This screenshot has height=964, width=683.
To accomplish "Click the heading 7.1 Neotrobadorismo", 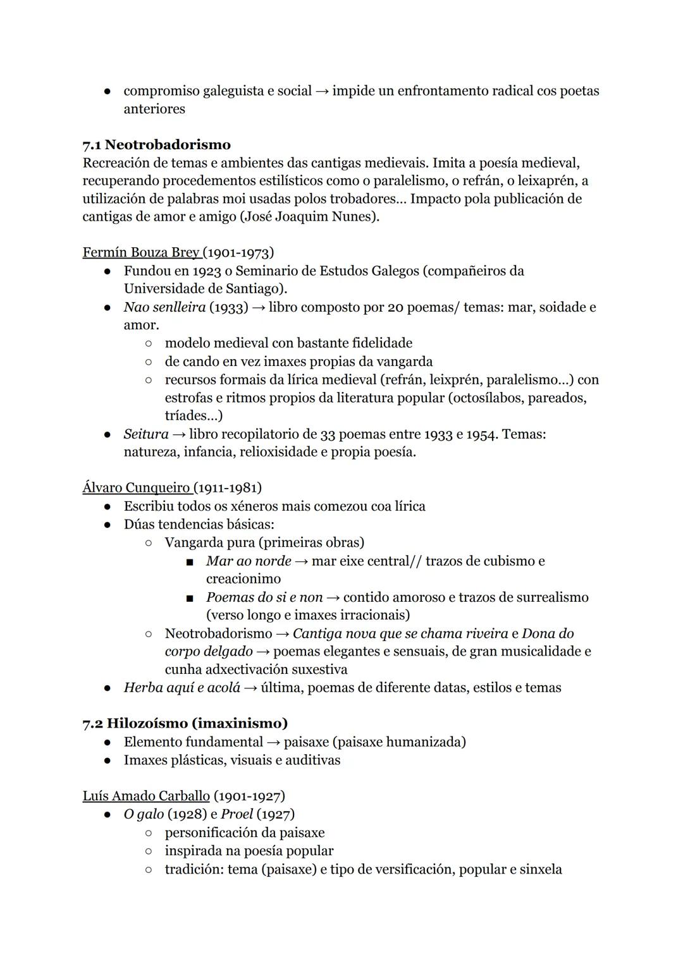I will pos(156,145).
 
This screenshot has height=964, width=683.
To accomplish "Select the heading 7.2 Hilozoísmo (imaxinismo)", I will pos(185,723).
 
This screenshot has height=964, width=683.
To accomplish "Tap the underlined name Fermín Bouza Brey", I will pos(141,253).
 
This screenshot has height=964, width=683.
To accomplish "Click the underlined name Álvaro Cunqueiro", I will pos(137,488).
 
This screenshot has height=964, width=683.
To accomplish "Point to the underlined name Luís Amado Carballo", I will pos(146,796).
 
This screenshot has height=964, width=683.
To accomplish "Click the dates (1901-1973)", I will pos(239,253).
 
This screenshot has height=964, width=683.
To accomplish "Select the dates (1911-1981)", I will pos(228,488).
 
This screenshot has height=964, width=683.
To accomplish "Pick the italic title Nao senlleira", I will pos(164,307).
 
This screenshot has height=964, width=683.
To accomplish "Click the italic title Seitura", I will pos(146,434).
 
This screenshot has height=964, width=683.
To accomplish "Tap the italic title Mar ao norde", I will pos(249,561).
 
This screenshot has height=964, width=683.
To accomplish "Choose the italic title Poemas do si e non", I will pos(264,597).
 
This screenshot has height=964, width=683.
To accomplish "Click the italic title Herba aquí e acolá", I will pos(182,688).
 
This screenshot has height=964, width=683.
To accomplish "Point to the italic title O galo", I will pos(144,814).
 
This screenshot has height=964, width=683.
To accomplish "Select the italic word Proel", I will pos(237,814).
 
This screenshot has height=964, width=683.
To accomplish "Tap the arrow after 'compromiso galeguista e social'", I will pos(322,91).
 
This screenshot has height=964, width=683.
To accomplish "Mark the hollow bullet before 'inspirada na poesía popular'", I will pos(148,851).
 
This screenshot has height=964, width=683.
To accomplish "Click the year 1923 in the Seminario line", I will pos(194,271).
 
